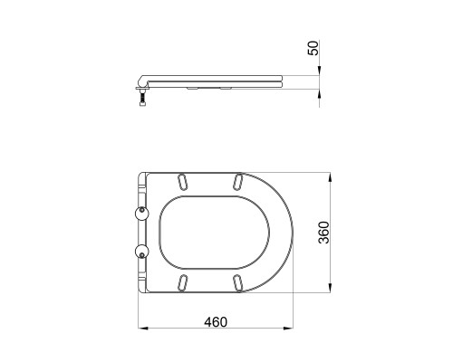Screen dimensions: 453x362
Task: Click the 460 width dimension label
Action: [216, 322]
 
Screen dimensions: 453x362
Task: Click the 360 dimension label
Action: [324, 233]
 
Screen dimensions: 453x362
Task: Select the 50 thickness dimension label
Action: [313, 48]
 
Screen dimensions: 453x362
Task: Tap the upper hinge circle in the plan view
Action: [141, 214]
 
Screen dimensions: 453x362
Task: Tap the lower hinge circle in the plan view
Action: [141, 252]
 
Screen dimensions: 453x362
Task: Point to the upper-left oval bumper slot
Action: [183, 182]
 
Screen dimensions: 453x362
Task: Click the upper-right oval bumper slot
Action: [238, 182]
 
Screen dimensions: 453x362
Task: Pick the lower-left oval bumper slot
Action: [183, 283]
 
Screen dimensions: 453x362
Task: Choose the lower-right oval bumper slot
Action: [238, 283]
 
